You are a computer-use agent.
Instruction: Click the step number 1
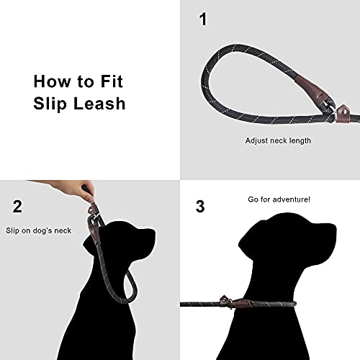click(202, 19)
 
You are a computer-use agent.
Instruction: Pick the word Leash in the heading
click(99, 103)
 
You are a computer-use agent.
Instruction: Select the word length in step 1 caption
click(299, 140)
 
